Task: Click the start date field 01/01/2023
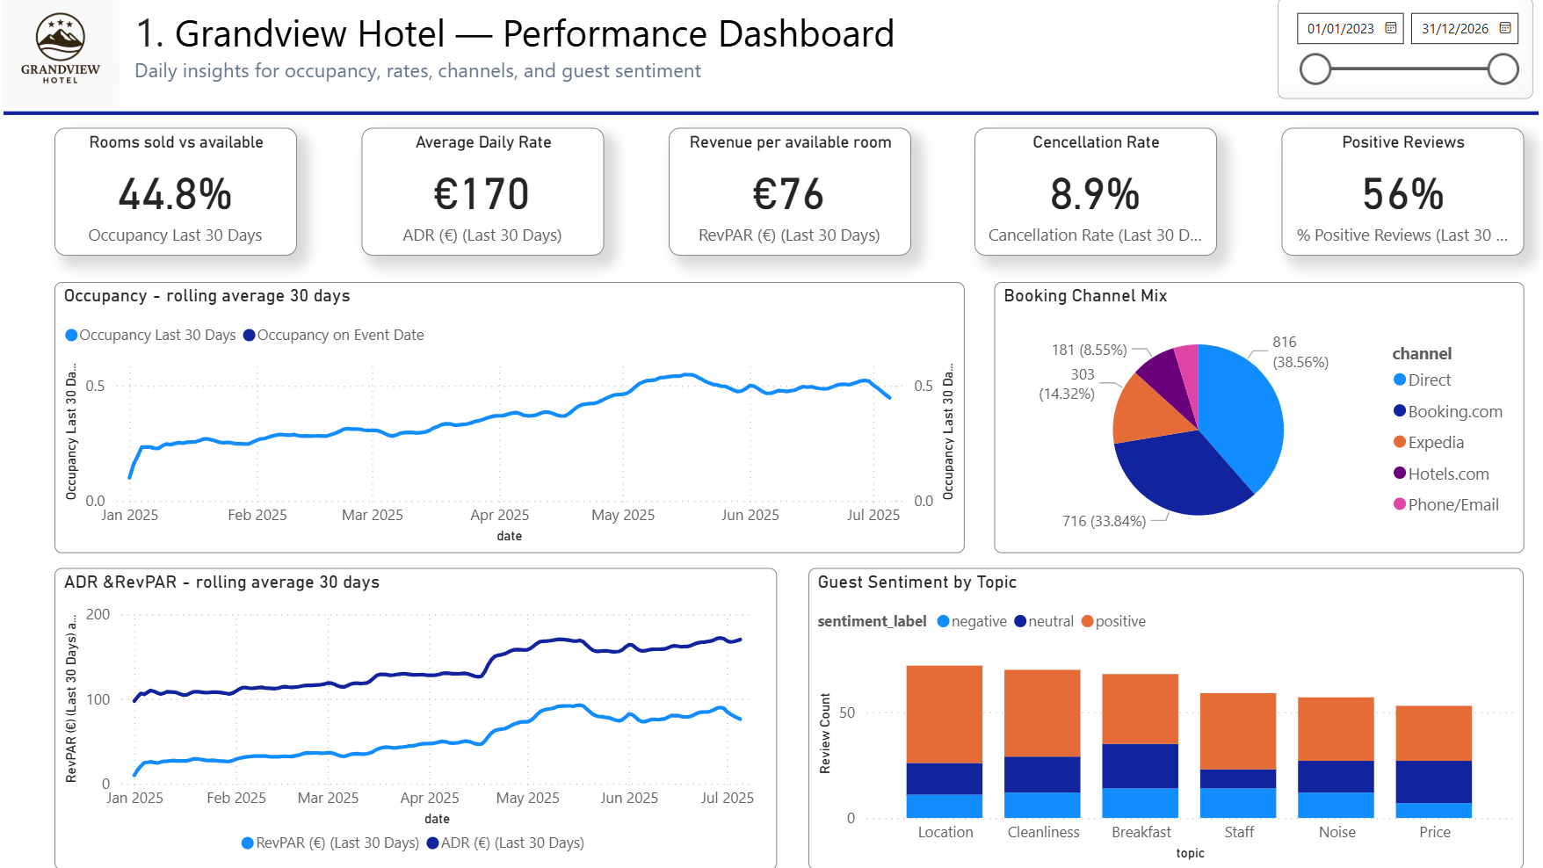click(1340, 29)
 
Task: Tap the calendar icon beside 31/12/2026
click(1505, 28)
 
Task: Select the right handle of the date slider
click(1503, 69)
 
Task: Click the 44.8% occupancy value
click(175, 194)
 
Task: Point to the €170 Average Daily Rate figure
click(482, 194)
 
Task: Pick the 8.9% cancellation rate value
click(1095, 194)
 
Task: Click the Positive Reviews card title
click(1402, 142)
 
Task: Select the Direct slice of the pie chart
click(1243, 413)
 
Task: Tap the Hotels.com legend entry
click(1447, 474)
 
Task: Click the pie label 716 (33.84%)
click(1104, 521)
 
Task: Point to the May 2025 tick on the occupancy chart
click(623, 515)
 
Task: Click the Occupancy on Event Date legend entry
click(339, 336)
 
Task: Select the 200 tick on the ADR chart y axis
click(98, 614)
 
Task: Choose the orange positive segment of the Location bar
click(944, 713)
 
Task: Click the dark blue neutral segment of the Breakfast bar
click(1140, 765)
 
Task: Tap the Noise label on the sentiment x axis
click(1337, 832)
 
